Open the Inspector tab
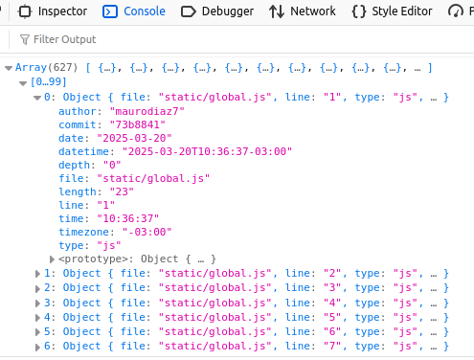coord(53,11)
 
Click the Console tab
coord(134,11)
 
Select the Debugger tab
coord(217,11)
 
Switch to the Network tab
coord(302,11)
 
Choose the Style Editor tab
coord(392,11)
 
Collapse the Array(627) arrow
coord(9,68)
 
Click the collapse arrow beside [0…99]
coord(23,83)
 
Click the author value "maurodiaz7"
coord(147,111)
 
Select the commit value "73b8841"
coord(137,124)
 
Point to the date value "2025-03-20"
coord(134,138)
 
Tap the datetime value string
coord(207,151)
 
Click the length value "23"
coord(122,191)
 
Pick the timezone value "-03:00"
coord(147,232)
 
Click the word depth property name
coord(74,165)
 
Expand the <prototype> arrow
coord(52,259)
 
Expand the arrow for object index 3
coord(37,304)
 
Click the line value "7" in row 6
coord(332,346)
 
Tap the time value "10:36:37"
coord(127,218)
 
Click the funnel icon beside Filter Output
coord(25,39)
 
